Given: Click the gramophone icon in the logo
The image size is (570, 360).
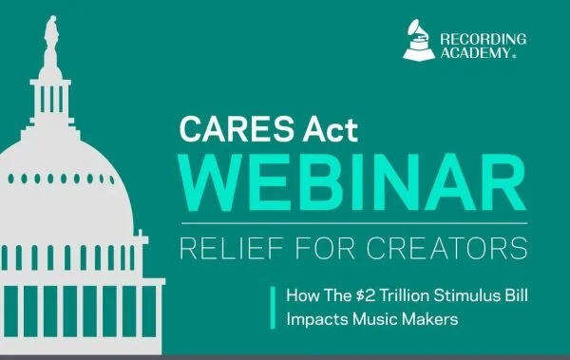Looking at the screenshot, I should (416, 43).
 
